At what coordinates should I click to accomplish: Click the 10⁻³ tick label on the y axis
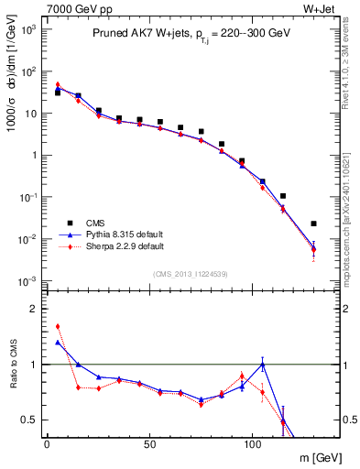[x=28, y=280]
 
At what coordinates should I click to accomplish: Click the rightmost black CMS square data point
[x=313, y=224]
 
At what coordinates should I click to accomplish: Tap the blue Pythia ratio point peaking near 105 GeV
[x=262, y=364]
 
